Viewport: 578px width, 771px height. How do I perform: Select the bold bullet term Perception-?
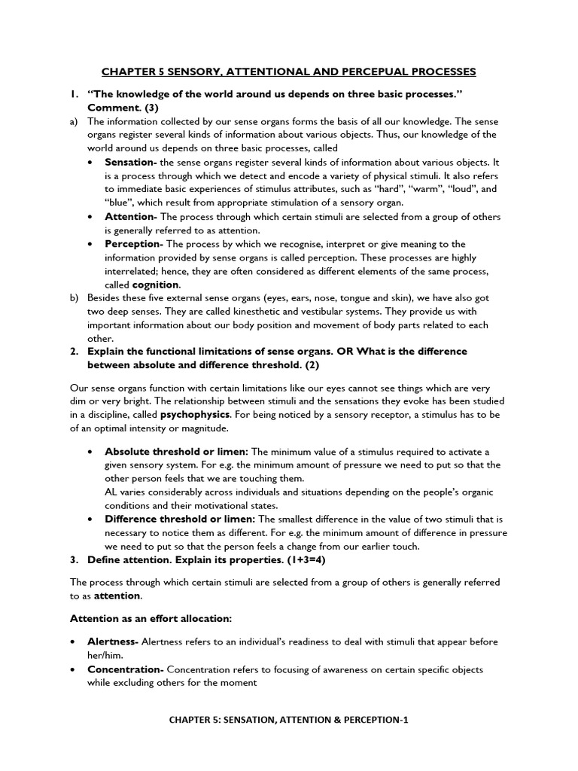pyautogui.click(x=133, y=244)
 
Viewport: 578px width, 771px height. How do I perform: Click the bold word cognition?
pyautogui.click(x=156, y=285)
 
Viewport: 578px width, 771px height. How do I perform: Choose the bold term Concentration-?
pyautogui.click(x=126, y=669)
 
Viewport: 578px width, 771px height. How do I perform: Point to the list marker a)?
pyautogui.click(x=74, y=121)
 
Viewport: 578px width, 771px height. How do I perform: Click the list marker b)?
pyautogui.click(x=74, y=298)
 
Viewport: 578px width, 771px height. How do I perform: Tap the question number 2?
pyautogui.click(x=74, y=352)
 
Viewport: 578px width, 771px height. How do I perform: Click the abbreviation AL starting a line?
pyautogui.click(x=111, y=492)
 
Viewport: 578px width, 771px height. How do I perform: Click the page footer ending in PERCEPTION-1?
pyautogui.click(x=288, y=719)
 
